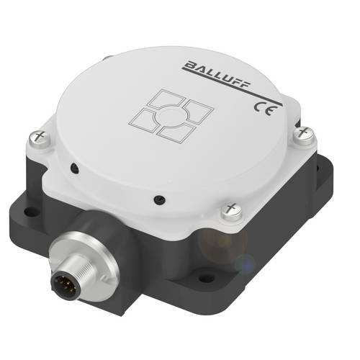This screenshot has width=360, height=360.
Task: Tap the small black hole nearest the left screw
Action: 73,169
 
